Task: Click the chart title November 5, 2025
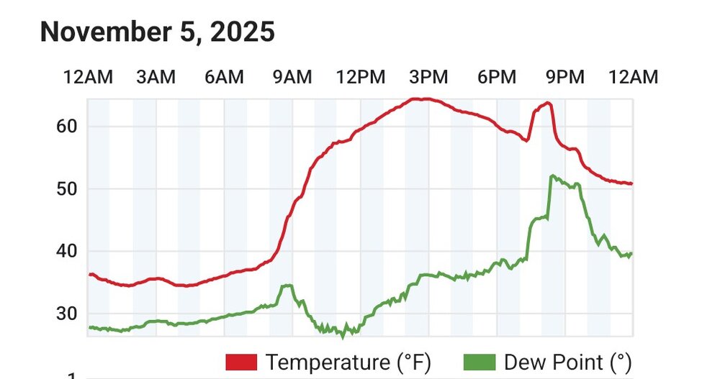click(x=157, y=32)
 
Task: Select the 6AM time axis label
click(x=225, y=77)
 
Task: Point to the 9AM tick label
click(x=293, y=77)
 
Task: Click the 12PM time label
click(x=361, y=77)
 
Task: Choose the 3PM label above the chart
click(x=428, y=77)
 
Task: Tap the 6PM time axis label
click(x=497, y=77)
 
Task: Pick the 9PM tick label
click(x=564, y=77)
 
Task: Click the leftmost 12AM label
click(x=89, y=77)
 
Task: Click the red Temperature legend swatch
click(x=242, y=361)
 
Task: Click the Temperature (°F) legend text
click(x=348, y=361)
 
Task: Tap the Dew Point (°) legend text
click(x=568, y=361)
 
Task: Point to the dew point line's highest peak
click(x=552, y=175)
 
